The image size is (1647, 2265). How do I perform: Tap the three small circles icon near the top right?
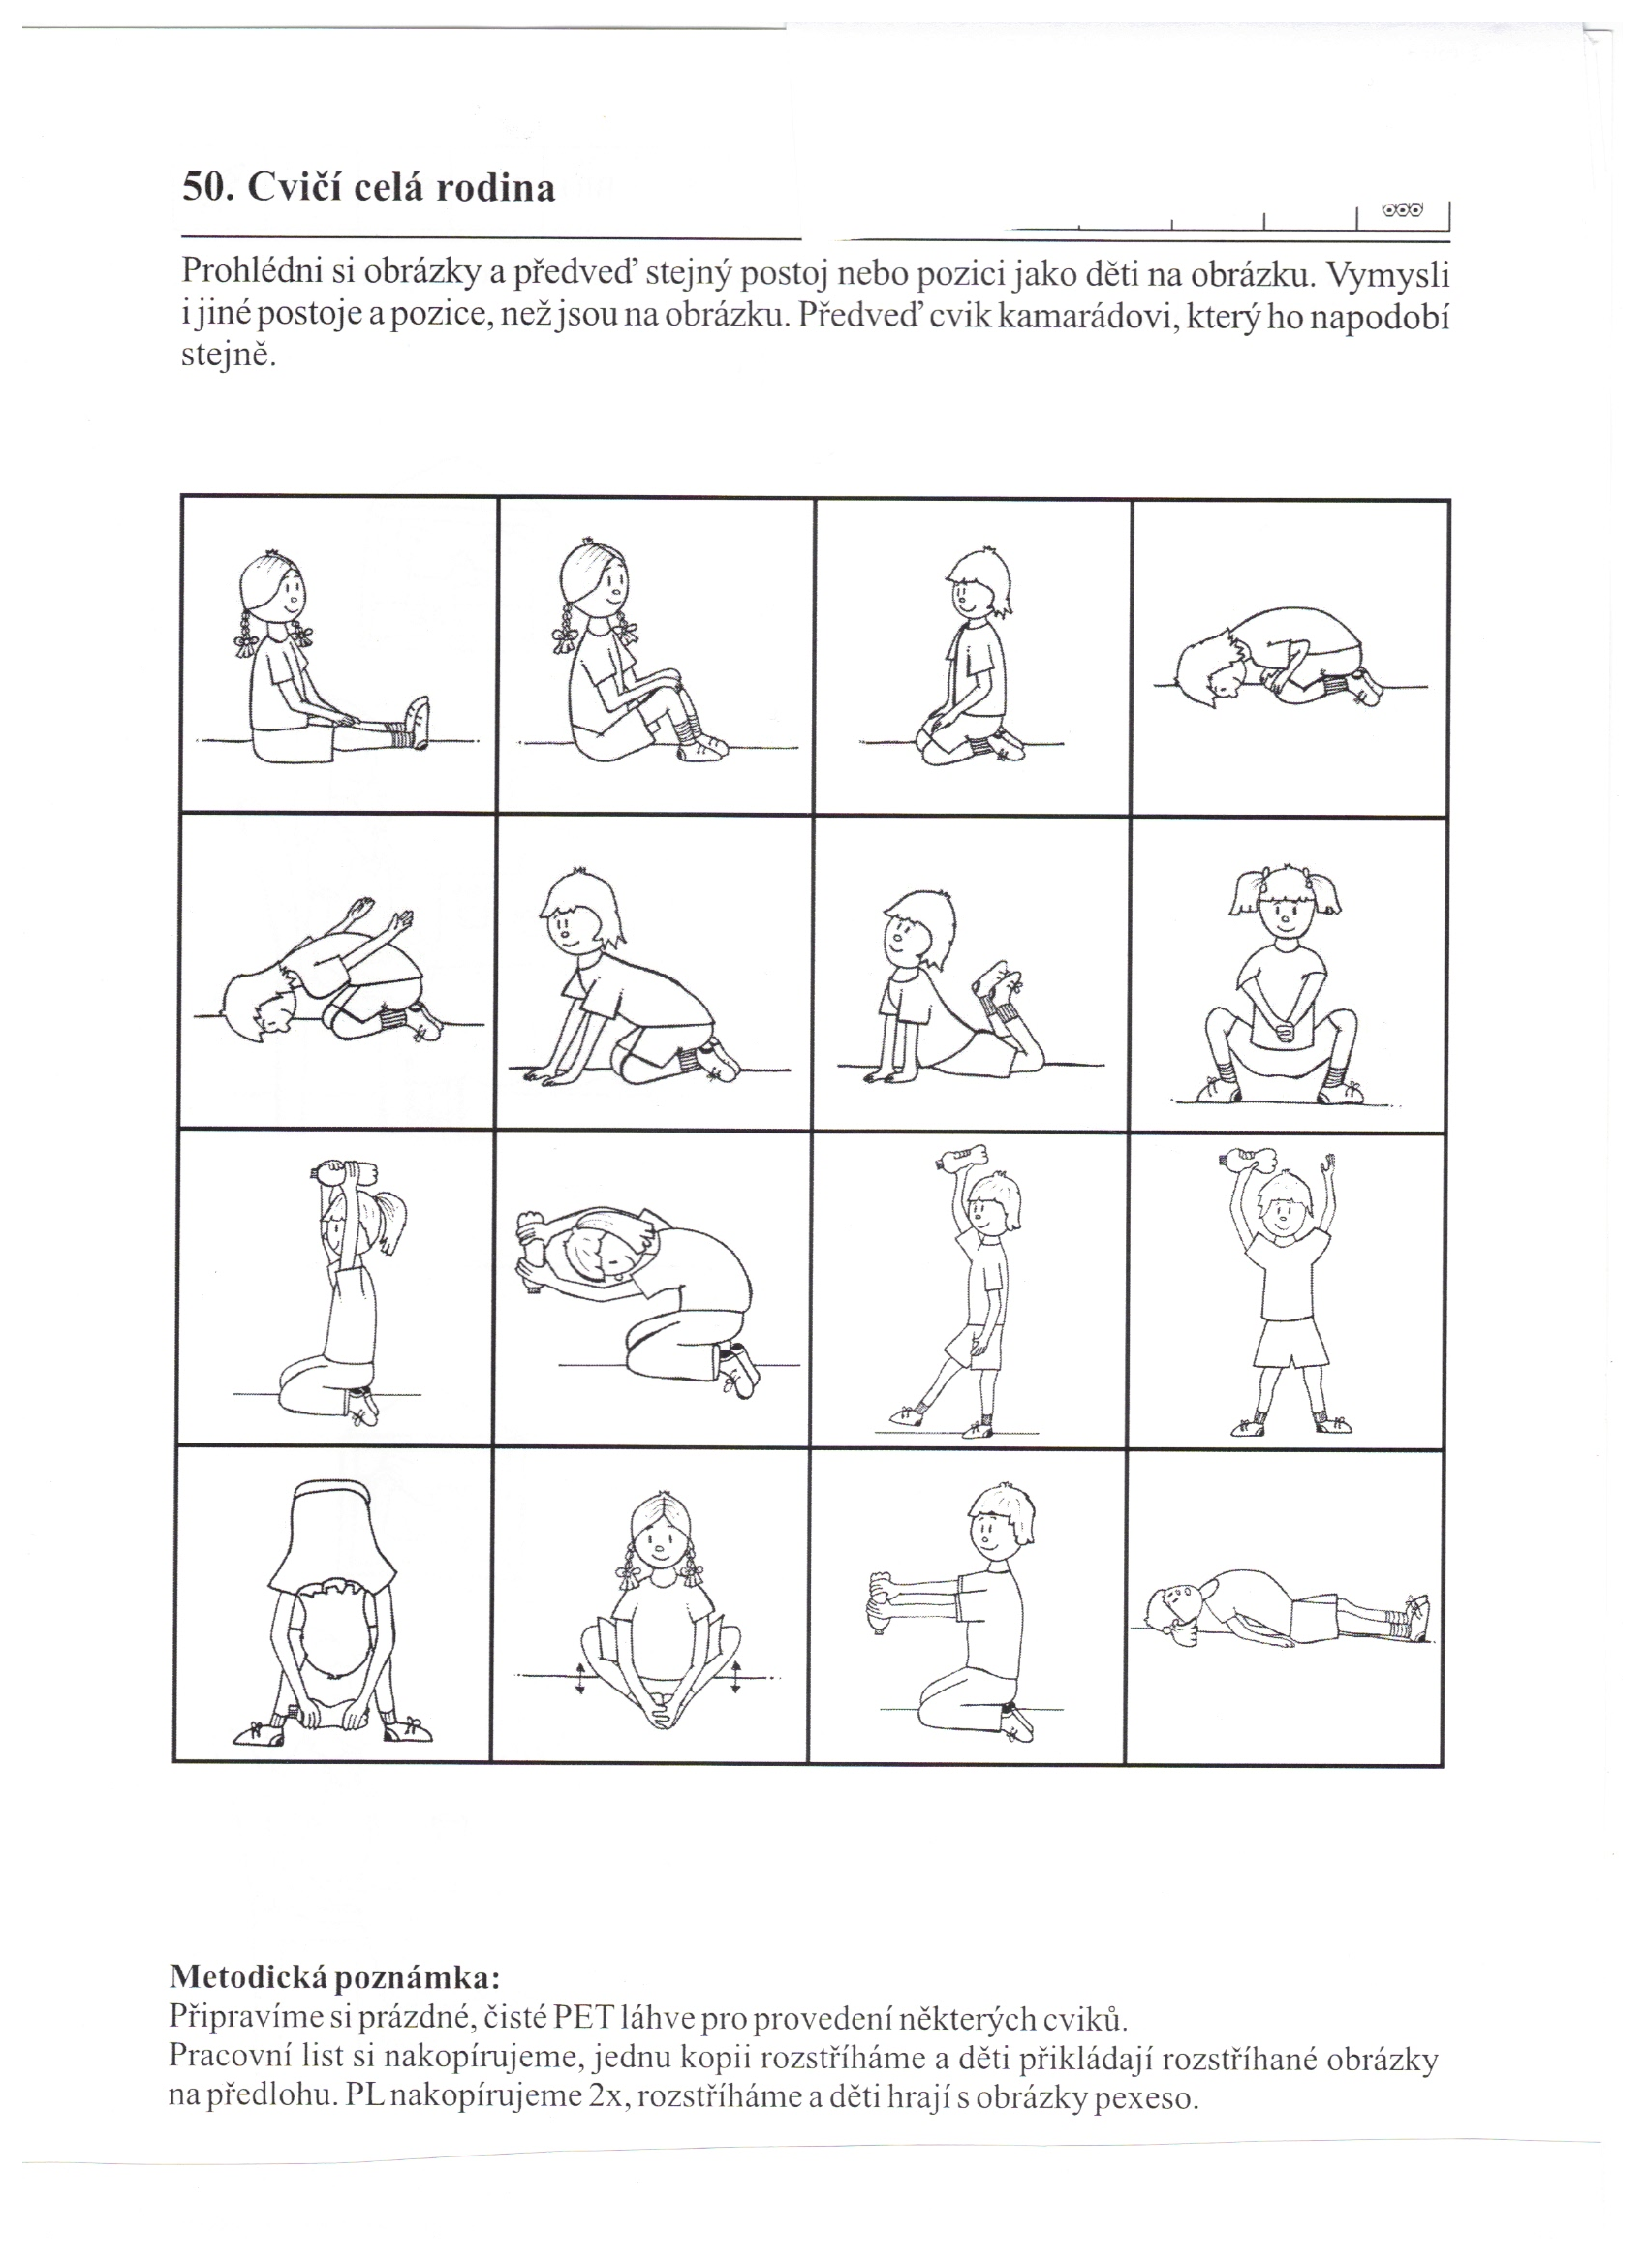click(1402, 212)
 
